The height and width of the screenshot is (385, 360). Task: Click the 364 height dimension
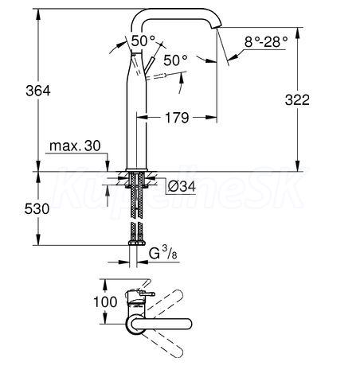click(x=38, y=91)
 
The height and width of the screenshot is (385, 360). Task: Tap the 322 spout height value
click(x=297, y=100)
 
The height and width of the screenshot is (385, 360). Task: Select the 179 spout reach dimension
click(x=177, y=118)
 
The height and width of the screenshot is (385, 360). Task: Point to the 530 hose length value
click(x=37, y=209)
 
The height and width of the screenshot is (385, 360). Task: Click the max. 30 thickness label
click(x=75, y=146)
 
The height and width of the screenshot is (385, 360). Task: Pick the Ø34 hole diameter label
click(x=182, y=186)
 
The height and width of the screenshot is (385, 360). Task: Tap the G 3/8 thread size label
click(x=162, y=253)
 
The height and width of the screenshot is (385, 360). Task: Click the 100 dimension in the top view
click(x=105, y=301)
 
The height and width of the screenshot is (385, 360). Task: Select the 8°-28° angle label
click(x=266, y=41)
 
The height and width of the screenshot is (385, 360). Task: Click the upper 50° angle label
click(x=143, y=41)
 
